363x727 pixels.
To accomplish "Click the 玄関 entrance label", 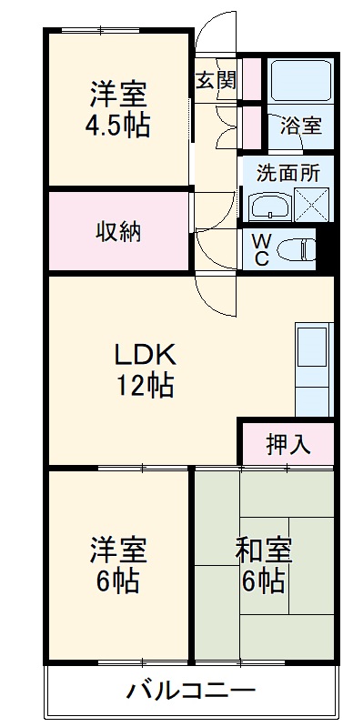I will tap(216, 79).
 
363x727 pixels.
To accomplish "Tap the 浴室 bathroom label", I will tap(301, 126).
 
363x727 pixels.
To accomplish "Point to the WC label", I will tap(259, 247).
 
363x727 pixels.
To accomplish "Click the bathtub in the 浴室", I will tap(300, 83).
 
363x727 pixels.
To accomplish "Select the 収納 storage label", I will tap(118, 231).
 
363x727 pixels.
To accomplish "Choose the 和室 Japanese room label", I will tap(263, 550).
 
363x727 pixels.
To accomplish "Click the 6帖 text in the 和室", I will tap(262, 581).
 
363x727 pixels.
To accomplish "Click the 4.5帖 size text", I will tap(118, 125).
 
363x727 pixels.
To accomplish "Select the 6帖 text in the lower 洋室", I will tap(117, 581).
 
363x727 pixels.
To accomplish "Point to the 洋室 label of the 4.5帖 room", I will tap(118, 94).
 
